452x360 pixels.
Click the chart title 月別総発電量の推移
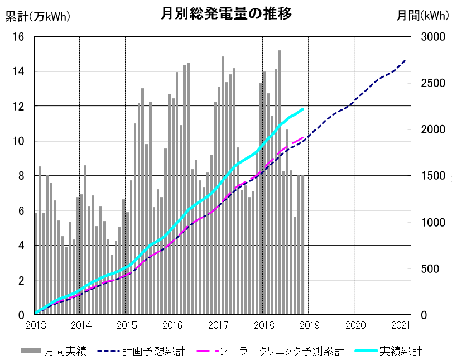[x=226, y=14]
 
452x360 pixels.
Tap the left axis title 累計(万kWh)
[x=37, y=16]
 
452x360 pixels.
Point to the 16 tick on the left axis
[x=18, y=37]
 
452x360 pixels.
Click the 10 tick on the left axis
[x=18, y=141]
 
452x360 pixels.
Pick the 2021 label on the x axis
[x=400, y=325]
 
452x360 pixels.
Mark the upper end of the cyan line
[x=303, y=109]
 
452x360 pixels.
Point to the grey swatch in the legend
[x=31, y=351]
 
